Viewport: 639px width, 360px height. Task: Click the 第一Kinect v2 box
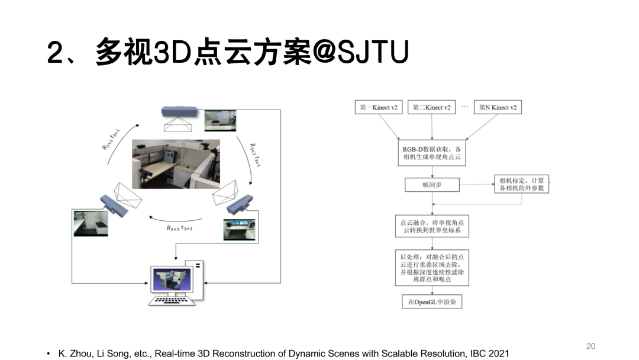click(379, 108)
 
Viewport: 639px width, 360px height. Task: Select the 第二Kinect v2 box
click(431, 108)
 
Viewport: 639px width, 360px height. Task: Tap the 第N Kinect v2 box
click(498, 108)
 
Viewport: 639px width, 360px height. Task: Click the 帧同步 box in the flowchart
click(432, 185)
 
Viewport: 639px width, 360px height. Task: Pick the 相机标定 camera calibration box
click(521, 184)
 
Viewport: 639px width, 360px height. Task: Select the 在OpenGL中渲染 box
click(432, 302)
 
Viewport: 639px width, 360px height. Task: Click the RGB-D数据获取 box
click(432, 153)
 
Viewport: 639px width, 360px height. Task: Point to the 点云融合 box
click(432, 226)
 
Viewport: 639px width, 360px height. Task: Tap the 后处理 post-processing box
click(432, 268)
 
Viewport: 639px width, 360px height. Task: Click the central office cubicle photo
click(176, 164)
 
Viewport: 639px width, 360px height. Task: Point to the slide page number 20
click(590, 346)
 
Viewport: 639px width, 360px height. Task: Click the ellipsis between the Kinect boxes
click(464, 107)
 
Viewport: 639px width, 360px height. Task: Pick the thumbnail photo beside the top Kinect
click(216, 119)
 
